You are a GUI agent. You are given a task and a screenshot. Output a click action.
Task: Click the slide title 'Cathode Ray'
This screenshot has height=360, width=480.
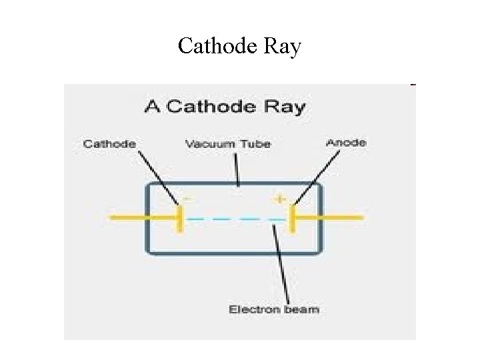click(239, 47)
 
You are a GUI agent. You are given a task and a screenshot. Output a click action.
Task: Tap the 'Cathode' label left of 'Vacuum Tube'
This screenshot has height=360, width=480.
click(109, 143)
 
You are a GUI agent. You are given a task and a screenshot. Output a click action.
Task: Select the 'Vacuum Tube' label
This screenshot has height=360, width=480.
click(227, 144)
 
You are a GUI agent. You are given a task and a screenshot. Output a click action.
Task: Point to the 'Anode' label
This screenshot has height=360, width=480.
click(345, 143)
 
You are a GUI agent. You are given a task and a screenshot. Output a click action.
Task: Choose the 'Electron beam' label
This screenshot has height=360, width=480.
click(273, 309)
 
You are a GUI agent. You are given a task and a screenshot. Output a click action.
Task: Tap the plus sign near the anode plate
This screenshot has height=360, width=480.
click(279, 199)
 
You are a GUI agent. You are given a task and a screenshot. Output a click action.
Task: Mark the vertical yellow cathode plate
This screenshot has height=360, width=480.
click(179, 218)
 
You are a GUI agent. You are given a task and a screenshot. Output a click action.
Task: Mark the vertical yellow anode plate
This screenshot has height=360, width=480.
click(291, 218)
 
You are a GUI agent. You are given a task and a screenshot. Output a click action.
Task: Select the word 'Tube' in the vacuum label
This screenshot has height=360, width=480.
click(257, 144)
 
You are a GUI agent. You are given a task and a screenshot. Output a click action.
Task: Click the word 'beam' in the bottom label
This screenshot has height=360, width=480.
click(304, 309)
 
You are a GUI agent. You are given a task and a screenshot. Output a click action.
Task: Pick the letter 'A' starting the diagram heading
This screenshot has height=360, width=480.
click(152, 107)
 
